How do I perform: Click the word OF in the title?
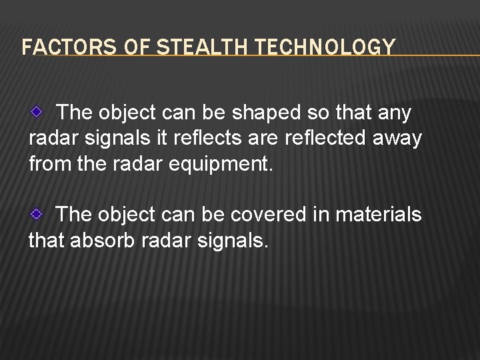[x=117, y=48]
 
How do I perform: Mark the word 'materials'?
[x=381, y=215]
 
